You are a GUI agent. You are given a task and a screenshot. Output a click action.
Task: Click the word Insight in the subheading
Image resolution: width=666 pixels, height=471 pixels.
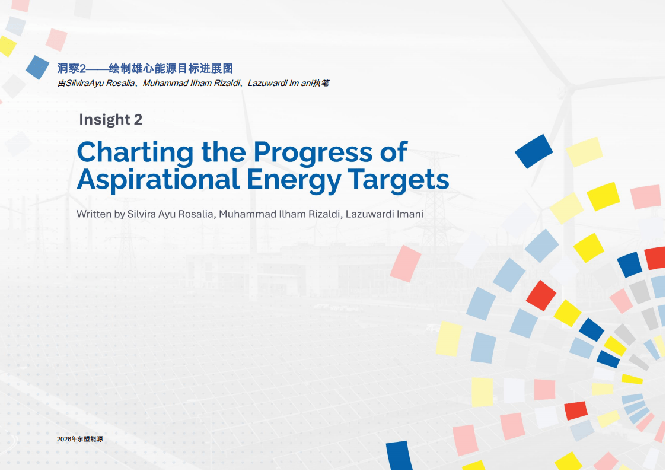click(104, 120)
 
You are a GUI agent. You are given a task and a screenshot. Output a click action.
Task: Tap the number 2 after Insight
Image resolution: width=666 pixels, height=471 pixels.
click(138, 119)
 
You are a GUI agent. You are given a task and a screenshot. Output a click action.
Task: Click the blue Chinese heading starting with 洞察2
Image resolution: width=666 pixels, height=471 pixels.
click(145, 68)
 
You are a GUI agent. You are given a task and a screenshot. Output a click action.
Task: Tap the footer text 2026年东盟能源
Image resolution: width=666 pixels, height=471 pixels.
click(80, 439)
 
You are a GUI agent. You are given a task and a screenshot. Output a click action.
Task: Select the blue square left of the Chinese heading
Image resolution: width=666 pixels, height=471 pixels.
click(37, 67)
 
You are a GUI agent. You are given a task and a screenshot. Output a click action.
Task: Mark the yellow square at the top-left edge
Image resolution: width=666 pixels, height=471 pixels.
click(7, 46)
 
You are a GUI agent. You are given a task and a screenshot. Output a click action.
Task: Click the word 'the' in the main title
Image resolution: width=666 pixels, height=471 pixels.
click(224, 152)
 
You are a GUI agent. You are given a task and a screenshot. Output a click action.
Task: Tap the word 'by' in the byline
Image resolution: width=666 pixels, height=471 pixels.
click(119, 215)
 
